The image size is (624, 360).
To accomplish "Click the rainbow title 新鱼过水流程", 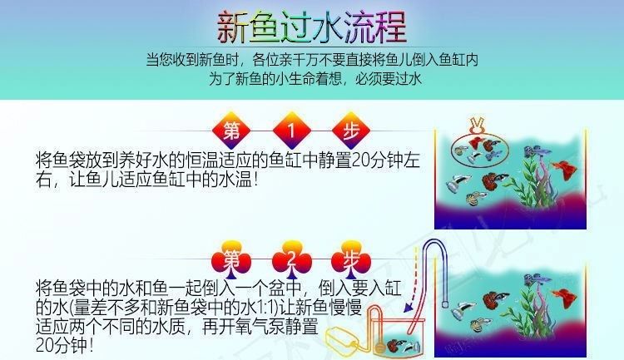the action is pyautogui.click(x=312, y=27).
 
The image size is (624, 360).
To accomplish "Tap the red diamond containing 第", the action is pyautogui.click(x=231, y=131).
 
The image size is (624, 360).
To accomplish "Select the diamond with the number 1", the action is pyautogui.click(x=291, y=131).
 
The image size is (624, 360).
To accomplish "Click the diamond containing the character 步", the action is pyautogui.click(x=351, y=131).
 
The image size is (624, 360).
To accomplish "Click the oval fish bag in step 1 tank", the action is pyautogui.click(x=480, y=150).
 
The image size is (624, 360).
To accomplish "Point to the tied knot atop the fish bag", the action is pyautogui.click(x=477, y=126).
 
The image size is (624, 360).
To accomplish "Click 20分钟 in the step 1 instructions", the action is pyautogui.click(x=377, y=160).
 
